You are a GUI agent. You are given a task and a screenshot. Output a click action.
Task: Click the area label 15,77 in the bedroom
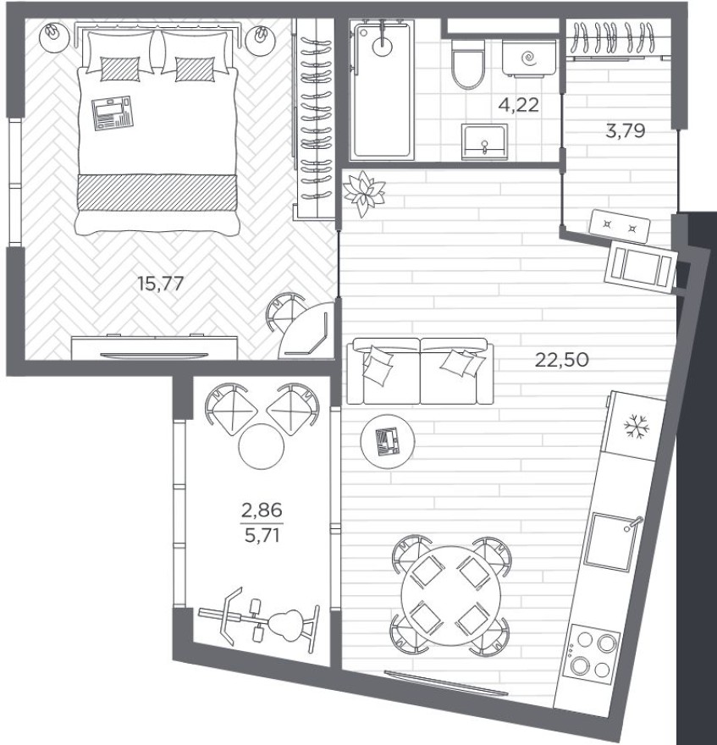coord(160,282)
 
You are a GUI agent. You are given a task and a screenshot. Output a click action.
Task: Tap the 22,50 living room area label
coord(560,359)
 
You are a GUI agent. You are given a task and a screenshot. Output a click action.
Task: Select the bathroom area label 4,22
coord(518,105)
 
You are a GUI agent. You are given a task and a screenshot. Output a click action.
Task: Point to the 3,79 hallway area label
coord(626,131)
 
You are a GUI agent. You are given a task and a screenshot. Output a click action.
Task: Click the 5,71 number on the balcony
coord(262,535)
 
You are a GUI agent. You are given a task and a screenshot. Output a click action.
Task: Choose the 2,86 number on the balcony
coord(262,510)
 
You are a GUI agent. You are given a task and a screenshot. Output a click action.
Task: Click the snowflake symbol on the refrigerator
coord(634,428)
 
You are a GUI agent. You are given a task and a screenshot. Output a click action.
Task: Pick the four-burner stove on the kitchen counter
coord(592,651)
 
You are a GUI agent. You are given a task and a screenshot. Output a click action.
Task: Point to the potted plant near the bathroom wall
coord(365,192)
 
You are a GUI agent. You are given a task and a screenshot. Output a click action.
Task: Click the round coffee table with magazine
coord(389,441)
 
